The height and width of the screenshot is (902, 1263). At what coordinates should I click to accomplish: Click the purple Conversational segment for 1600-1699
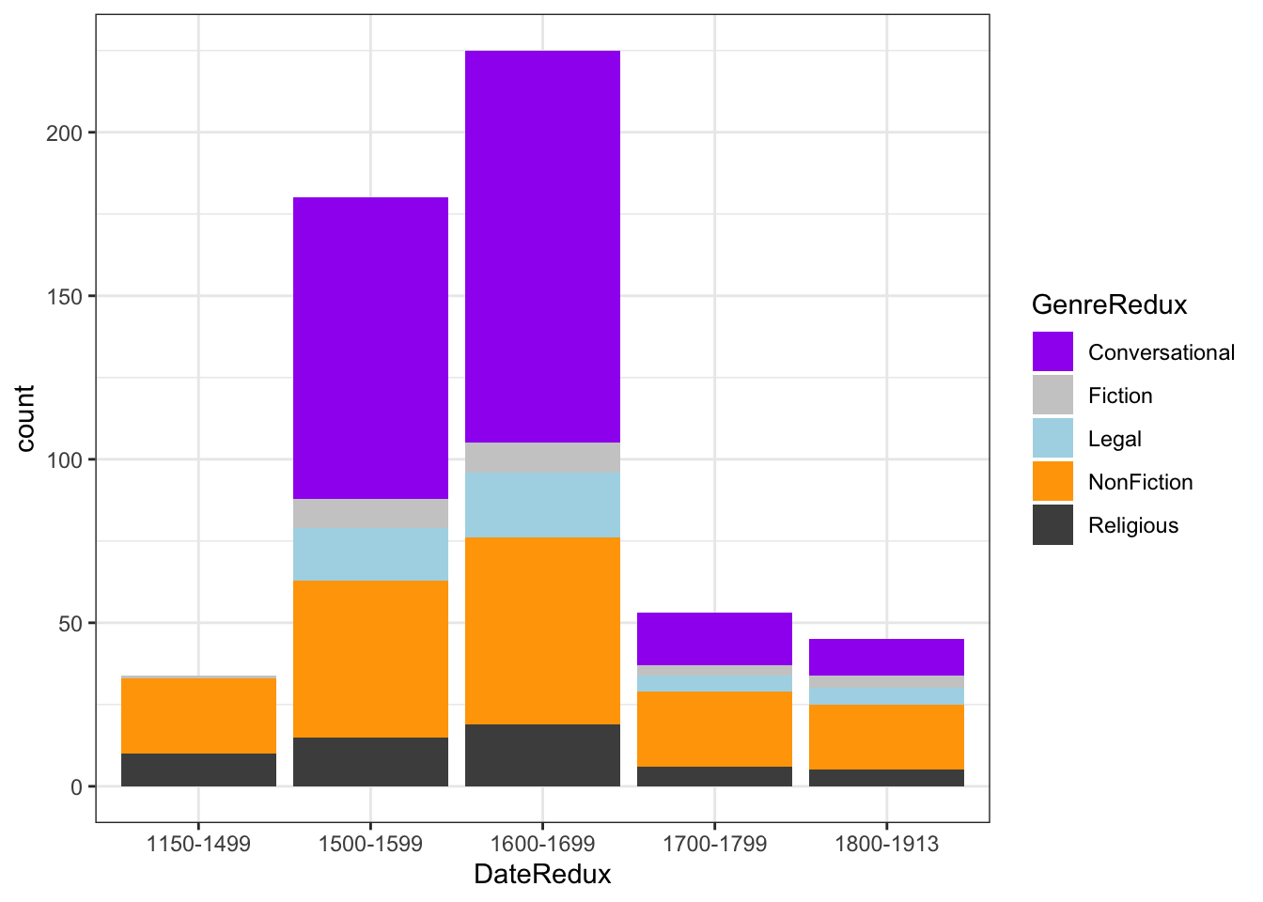[x=542, y=246]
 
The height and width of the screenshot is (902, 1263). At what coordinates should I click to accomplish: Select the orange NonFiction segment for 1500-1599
[x=370, y=659]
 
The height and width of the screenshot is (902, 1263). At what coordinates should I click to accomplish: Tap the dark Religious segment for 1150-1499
[x=198, y=770]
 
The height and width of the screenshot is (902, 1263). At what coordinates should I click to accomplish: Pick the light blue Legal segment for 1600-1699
[x=542, y=505]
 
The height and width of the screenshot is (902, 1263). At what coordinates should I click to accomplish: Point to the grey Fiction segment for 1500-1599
[x=370, y=513]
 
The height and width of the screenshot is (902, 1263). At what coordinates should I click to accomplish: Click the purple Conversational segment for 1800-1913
[x=886, y=657]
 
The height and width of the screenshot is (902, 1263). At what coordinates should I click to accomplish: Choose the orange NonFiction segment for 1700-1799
[x=714, y=729]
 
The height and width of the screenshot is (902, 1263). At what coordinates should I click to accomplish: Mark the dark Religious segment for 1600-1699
[x=542, y=755]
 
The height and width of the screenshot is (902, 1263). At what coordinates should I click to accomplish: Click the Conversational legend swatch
[x=1052, y=352]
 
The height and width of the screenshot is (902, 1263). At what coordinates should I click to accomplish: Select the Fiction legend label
[x=1120, y=396]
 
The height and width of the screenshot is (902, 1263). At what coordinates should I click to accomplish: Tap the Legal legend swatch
[x=1052, y=439]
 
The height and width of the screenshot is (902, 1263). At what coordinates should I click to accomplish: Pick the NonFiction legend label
[x=1140, y=482]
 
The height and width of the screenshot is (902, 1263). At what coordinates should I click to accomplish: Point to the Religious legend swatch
[x=1052, y=525]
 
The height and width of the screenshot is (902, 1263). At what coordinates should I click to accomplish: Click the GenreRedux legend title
[x=1109, y=305]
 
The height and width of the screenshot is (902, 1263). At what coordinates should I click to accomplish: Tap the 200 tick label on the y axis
[x=65, y=132]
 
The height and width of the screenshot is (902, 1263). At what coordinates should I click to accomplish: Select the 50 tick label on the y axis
[x=70, y=623]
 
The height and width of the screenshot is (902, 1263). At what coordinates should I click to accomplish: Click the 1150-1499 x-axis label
[x=198, y=844]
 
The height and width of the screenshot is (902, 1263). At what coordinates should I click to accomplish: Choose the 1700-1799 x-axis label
[x=714, y=844]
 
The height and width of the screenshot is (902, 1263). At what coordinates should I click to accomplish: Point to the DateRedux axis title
[x=542, y=875]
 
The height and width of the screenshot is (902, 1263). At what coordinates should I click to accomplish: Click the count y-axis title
[x=24, y=418]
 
